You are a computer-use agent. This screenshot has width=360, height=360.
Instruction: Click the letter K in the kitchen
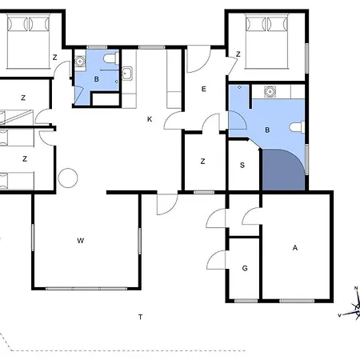tap(150, 119)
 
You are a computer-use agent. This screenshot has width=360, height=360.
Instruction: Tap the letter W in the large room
tap(81, 241)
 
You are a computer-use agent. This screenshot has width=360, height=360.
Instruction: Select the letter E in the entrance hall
tap(204, 89)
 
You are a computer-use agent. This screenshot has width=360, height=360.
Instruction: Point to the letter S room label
tap(242, 166)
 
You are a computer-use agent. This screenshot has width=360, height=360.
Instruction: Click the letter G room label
tap(245, 268)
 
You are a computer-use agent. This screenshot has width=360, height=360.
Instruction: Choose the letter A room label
tap(295, 248)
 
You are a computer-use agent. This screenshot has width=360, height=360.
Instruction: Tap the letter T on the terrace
tap(140, 317)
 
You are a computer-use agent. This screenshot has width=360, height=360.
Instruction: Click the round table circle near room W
tap(68, 178)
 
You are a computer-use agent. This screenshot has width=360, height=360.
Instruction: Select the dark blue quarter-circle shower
tap(283, 170)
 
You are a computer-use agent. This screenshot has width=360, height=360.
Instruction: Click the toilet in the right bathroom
tap(297, 127)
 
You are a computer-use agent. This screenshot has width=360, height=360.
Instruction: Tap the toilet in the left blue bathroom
tap(111, 58)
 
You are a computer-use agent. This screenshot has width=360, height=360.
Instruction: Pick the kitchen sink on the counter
tap(127, 73)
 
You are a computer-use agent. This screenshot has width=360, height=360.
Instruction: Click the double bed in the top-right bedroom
tap(267, 42)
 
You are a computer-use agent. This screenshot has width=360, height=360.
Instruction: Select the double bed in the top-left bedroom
tap(29, 42)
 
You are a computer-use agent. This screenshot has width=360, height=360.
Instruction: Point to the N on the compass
tap(356, 288)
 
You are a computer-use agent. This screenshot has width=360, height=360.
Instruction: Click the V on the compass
tap(340, 315)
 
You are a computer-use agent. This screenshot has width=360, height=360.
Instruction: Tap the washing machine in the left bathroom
tap(80, 62)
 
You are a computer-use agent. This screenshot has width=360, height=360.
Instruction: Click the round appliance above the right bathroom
tap(270, 92)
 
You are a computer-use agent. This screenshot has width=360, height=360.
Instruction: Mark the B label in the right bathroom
tap(267, 130)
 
